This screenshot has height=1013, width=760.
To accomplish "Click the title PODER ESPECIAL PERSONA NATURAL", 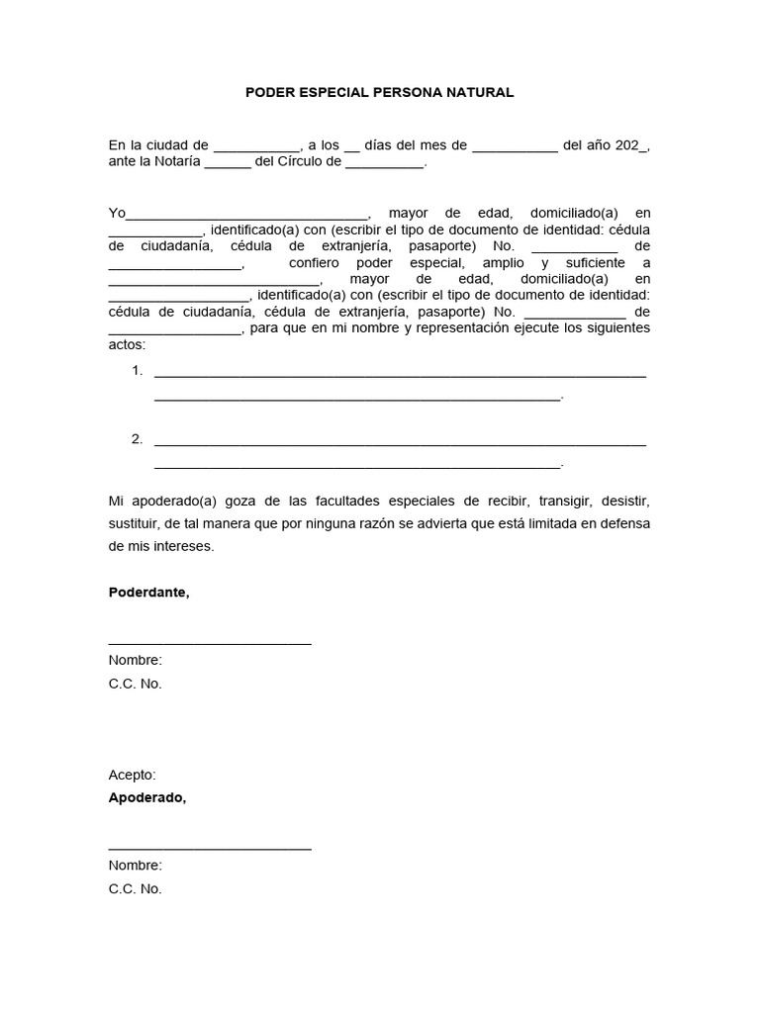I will point(380,92).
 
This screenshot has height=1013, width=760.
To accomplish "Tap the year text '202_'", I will point(630,144).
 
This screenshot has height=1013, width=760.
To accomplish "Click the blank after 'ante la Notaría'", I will point(228,165).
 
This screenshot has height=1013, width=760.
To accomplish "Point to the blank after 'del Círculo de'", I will point(384,165).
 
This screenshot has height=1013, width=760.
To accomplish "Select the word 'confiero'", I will point(314,263).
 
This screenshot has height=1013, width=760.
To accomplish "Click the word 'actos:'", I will point(127,344).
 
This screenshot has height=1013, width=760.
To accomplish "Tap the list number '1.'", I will point(138,371).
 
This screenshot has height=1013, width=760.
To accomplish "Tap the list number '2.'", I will point(138,438).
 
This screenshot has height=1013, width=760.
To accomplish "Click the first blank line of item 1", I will point(400,375).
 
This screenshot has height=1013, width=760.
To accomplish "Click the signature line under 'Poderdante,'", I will point(210,644).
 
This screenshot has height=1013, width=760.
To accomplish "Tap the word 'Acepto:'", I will point(133,775).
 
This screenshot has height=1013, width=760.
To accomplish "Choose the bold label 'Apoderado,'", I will point(146,797).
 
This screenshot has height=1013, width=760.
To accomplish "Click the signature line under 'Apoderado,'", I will point(210,849).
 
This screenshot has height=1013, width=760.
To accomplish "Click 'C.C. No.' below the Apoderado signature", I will point(135,888).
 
